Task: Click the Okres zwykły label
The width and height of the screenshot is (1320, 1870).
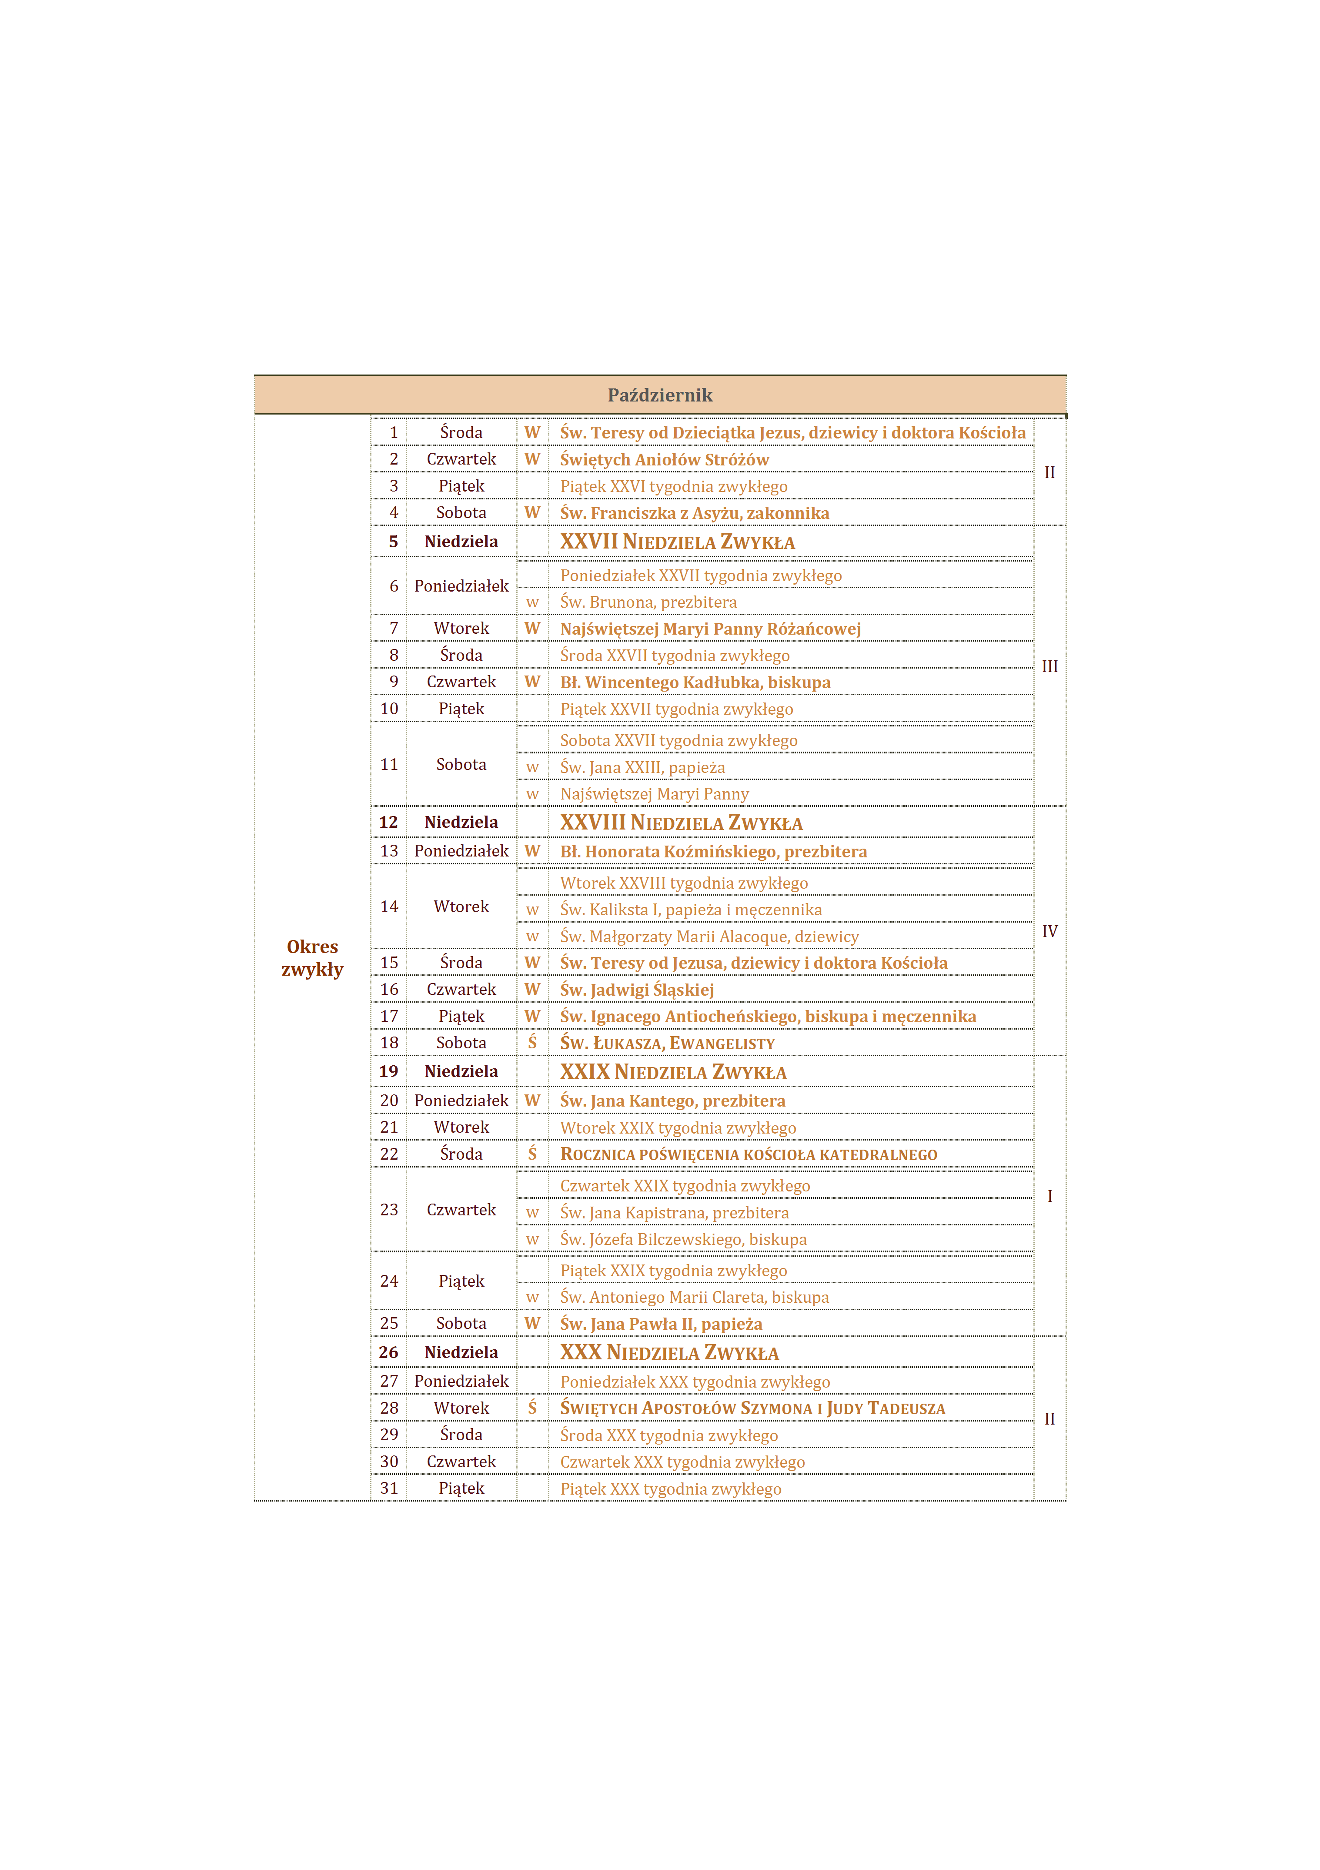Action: (x=313, y=958)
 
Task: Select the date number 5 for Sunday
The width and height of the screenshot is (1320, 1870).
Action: (x=393, y=542)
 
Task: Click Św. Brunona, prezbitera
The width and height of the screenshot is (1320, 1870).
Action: (x=648, y=602)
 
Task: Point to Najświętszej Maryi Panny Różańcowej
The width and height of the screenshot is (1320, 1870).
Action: (x=710, y=629)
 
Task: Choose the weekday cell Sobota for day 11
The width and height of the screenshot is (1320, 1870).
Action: (x=461, y=764)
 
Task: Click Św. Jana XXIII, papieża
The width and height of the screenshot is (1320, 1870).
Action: (x=642, y=767)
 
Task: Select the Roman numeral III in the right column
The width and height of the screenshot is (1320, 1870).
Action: (x=1049, y=666)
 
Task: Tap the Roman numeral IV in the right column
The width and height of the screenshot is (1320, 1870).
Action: (x=1049, y=931)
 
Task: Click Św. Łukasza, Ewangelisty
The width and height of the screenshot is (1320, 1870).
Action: (x=667, y=1044)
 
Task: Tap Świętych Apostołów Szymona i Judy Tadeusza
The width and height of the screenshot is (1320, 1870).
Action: (x=752, y=1408)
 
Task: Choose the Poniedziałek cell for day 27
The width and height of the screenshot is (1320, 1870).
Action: (x=461, y=1382)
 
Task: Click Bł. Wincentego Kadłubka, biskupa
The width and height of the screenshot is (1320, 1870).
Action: (x=695, y=682)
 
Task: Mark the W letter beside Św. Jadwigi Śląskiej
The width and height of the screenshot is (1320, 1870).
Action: (x=532, y=990)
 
